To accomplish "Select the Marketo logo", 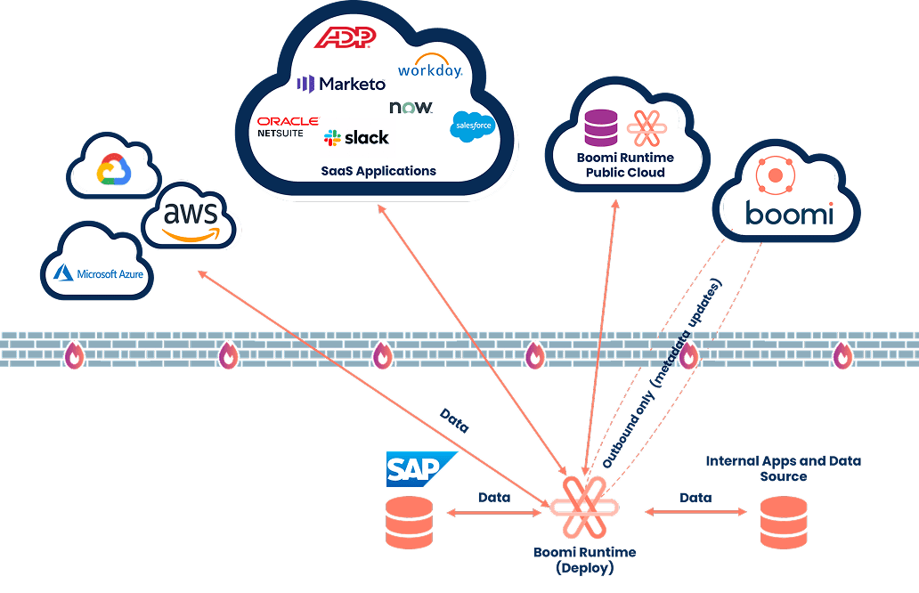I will (x=341, y=85).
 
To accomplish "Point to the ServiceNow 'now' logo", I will (x=411, y=108).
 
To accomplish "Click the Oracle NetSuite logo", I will (x=288, y=126).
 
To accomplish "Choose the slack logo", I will (x=356, y=138).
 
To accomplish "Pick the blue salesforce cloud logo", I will (x=471, y=127).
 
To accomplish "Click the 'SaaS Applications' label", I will (x=378, y=170).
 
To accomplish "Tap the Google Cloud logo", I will (x=115, y=170).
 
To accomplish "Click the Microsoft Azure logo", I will (x=98, y=273).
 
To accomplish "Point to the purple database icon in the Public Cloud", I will (x=601, y=127).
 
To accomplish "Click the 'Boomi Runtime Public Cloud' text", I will (x=624, y=165).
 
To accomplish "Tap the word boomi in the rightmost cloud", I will (x=789, y=214).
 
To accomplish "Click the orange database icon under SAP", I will (x=409, y=523).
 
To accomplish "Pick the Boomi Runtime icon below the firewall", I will (x=584, y=508).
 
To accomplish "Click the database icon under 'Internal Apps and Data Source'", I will (x=784, y=523).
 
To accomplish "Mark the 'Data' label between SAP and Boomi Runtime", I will (x=494, y=497).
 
